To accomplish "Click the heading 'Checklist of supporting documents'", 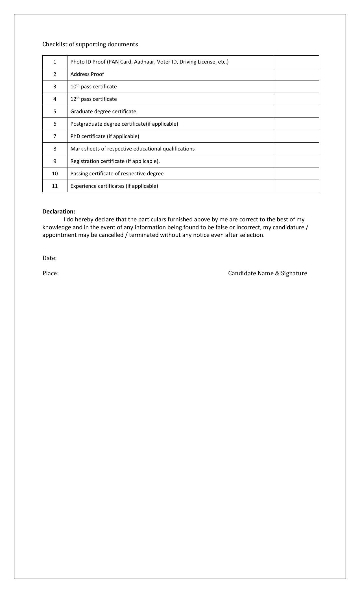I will (90, 44).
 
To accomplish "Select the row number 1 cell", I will (55, 62).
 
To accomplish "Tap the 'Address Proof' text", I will (87, 74).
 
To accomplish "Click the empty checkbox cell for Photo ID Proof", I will (296, 62).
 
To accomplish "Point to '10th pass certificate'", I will (93, 87).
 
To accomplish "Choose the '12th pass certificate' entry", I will (93, 99).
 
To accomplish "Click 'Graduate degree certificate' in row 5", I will (103, 112).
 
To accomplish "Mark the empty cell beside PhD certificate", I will (296, 136).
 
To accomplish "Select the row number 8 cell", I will (55, 149).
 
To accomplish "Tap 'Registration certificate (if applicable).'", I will (115, 161).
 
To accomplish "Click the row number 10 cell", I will (55, 174).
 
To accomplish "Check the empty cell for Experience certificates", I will (296, 186).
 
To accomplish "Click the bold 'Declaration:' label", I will (59, 212).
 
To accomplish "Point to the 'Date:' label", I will (49, 258).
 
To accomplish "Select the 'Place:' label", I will (51, 273).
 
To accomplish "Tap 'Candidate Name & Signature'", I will (267, 273).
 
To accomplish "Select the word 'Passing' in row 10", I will (79, 174).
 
